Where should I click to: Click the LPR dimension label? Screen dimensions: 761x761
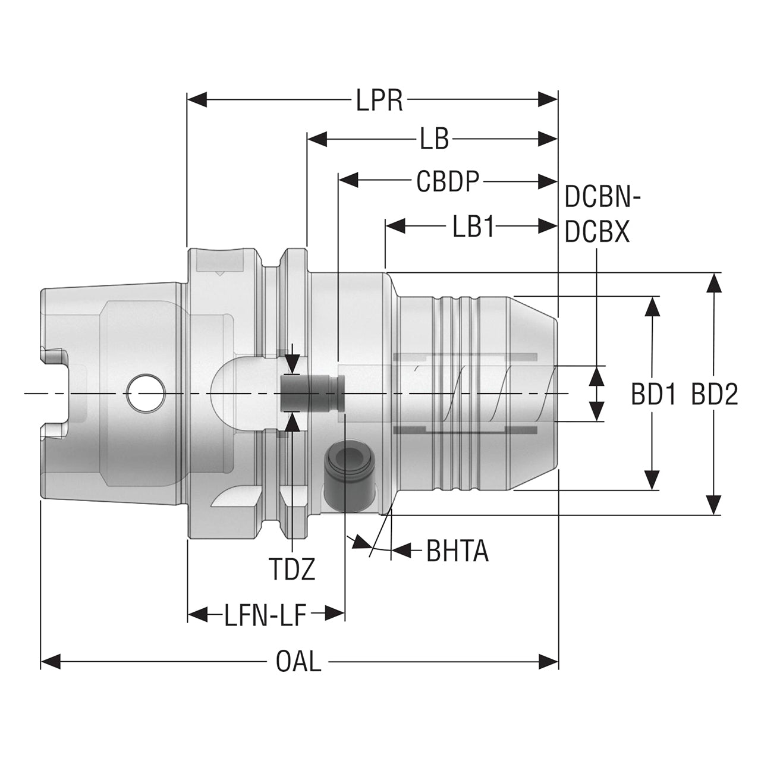379,100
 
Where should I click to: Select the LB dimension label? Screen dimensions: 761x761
435,139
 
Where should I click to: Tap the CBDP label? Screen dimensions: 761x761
448,181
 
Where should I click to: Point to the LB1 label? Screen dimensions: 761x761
473,227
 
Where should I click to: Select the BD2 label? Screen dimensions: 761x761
715,395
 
